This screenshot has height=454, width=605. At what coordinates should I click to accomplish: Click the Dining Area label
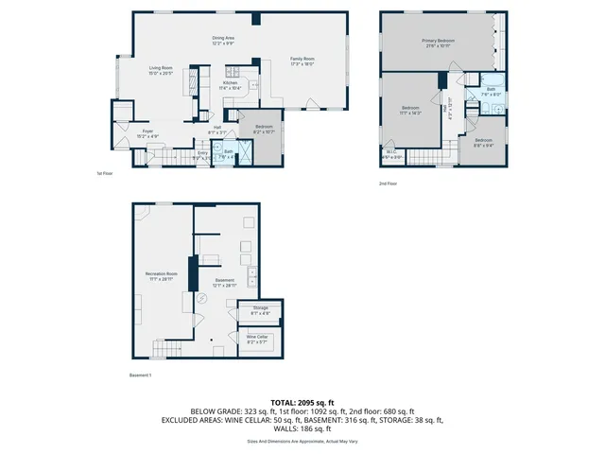224,40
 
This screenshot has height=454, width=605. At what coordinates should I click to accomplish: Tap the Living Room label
161,70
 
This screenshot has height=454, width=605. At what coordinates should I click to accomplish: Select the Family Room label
302,62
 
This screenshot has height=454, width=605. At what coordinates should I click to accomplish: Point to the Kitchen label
231,85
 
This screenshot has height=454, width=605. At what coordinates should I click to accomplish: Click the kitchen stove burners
230,69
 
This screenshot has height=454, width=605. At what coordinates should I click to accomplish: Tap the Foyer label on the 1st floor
147,132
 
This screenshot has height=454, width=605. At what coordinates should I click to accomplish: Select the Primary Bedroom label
438,44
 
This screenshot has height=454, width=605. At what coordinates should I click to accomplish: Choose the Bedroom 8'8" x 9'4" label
483,143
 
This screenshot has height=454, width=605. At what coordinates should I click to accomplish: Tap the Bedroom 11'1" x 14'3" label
410,110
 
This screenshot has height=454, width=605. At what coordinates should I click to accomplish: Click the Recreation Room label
161,276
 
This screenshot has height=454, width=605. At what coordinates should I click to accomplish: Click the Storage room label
260,310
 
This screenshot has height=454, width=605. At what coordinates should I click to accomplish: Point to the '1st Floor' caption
104,174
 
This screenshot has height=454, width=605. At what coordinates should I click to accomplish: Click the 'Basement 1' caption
140,375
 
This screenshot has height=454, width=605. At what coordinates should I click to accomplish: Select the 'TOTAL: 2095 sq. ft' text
302,403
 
